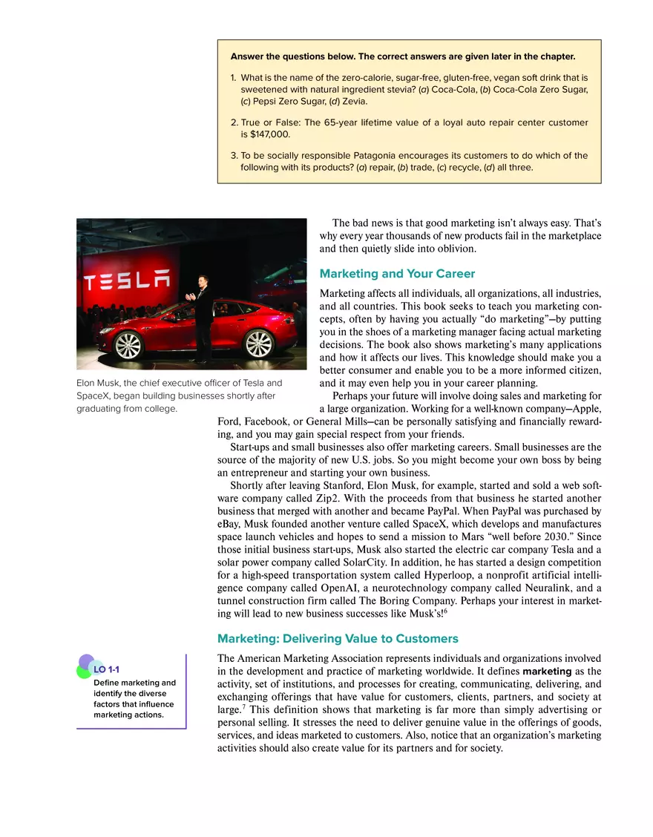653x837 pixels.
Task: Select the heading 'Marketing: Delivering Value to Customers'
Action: coord(338,638)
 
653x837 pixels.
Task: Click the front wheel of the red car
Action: coord(128,344)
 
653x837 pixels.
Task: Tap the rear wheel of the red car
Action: coord(259,343)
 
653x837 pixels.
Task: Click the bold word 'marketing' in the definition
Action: coord(548,672)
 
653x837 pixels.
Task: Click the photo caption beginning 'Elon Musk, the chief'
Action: coord(180,395)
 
